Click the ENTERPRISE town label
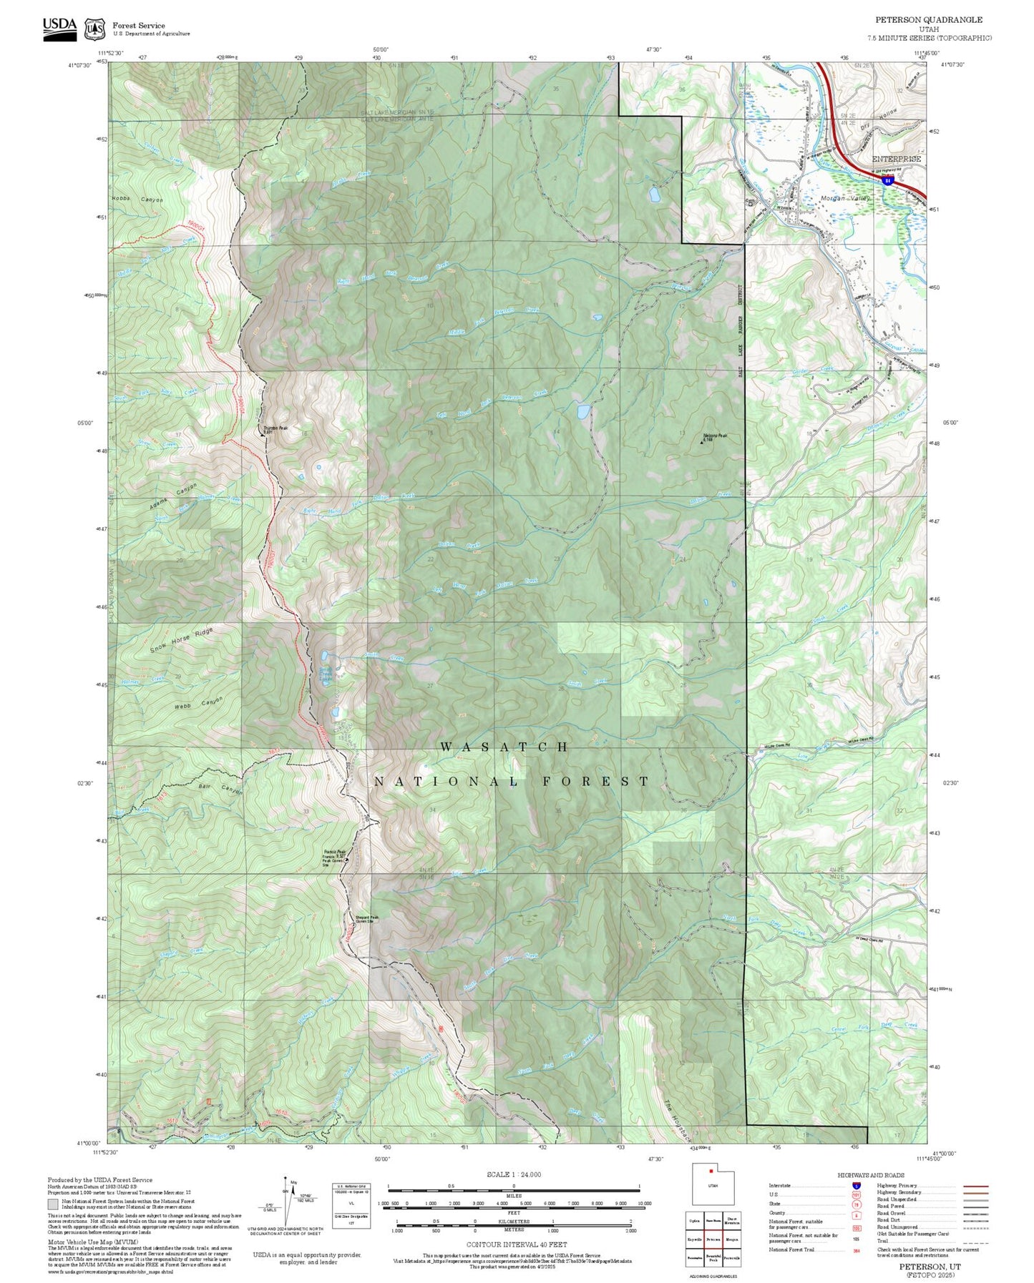click(896, 159)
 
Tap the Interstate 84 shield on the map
click(887, 182)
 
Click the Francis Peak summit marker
click(347, 860)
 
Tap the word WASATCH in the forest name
click(504, 747)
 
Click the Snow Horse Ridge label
click(182, 641)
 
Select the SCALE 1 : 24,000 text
click(514, 1174)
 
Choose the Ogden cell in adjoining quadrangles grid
click(694, 1221)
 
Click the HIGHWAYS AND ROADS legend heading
click(871, 1175)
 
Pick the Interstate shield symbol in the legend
click(856, 1186)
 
